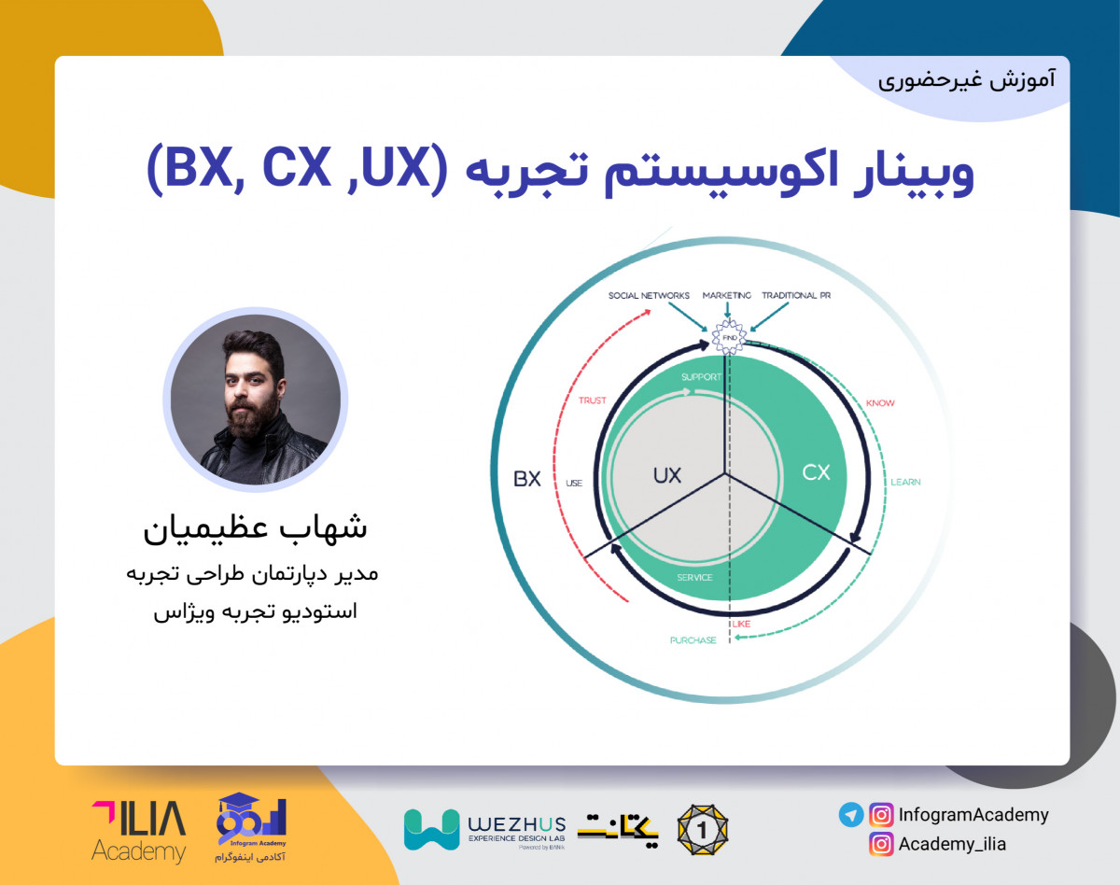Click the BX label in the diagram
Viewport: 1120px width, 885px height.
(527, 479)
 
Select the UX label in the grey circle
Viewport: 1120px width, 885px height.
(666, 475)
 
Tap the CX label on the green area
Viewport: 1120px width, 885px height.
(816, 473)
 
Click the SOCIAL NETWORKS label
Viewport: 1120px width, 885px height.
(649, 296)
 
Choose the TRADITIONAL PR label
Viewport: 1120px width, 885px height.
(796, 296)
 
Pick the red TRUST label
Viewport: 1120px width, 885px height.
(592, 400)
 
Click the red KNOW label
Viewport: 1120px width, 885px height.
(880, 403)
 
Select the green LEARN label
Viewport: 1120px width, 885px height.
(905, 483)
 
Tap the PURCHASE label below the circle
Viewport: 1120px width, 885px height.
(693, 640)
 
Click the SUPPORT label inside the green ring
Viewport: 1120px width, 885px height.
(702, 378)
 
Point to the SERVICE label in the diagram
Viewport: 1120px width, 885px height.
(694, 578)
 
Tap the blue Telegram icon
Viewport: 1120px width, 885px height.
(850, 815)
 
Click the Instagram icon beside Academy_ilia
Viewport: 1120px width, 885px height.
(880, 844)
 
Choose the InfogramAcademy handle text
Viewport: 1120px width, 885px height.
(973, 815)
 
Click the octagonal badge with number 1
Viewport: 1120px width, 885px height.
(702, 828)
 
